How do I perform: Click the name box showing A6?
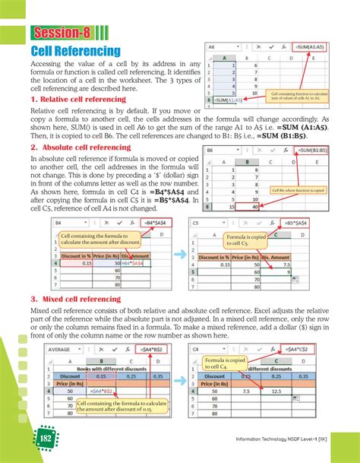(217, 46)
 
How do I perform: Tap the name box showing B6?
(217, 151)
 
